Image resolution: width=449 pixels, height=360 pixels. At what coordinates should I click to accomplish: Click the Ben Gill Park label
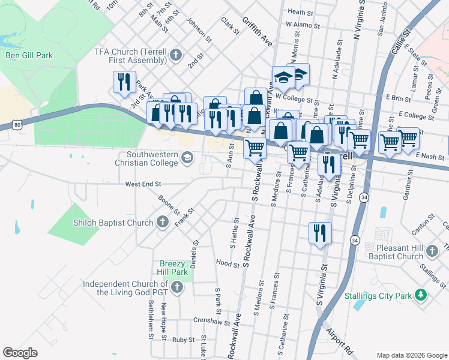(x=29, y=56)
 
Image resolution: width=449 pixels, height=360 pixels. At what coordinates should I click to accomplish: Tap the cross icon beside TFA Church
(x=176, y=56)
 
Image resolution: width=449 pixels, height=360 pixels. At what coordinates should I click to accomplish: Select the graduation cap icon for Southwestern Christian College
(x=187, y=158)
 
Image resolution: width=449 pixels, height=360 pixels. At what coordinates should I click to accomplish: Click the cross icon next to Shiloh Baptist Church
(x=162, y=223)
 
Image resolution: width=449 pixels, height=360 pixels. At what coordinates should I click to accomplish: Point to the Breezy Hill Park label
(x=173, y=268)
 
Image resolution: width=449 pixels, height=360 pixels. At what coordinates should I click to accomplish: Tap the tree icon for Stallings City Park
(x=421, y=295)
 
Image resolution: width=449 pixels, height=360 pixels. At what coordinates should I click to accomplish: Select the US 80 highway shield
(x=17, y=125)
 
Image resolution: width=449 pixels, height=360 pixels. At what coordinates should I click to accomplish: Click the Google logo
(x=20, y=353)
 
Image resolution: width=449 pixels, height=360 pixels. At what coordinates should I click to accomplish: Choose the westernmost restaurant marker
(x=123, y=82)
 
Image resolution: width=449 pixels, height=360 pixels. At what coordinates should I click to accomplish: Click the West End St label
(x=143, y=184)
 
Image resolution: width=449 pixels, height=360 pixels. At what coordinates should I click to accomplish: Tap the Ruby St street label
(x=183, y=340)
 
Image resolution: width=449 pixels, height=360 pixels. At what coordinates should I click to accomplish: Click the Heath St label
(x=300, y=11)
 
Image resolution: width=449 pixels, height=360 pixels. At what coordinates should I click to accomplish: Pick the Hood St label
(x=228, y=263)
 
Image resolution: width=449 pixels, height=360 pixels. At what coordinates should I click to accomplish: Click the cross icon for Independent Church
(x=176, y=288)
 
